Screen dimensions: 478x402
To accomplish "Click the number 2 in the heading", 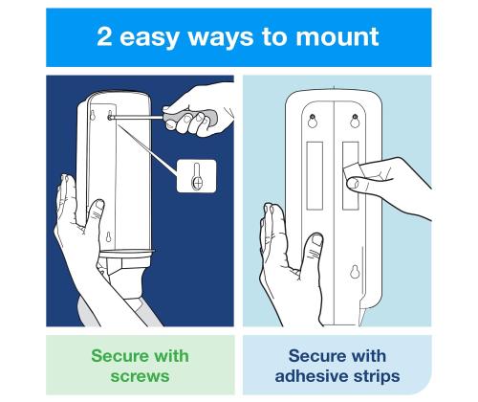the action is coord(104,36).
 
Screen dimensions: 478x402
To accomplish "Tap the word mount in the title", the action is coord(337,37).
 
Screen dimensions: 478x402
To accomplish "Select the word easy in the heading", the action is coord(149,39).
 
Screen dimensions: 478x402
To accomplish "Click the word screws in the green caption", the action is coord(140,376).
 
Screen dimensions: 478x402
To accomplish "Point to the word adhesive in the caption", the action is coord(313,375).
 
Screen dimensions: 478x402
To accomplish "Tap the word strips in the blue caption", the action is coord(378,377).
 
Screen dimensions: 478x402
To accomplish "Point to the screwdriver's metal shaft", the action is coord(138,118).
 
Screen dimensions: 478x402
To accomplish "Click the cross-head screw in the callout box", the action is coord(197,183).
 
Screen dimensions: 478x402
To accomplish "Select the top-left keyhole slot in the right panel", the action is coord(313,121).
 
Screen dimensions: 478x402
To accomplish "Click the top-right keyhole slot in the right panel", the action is coord(355,121).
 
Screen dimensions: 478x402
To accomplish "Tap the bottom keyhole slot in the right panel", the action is coord(355,271).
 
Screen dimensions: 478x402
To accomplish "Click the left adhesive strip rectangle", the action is coord(315,176).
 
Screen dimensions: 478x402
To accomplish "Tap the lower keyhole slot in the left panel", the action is coord(108,237).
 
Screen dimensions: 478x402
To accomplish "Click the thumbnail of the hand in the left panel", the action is coord(99,204).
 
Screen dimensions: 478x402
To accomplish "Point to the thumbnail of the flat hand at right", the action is coord(317,239).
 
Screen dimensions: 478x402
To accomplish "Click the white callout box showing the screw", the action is coord(197,176).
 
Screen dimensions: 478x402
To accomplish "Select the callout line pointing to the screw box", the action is coord(147,150).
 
